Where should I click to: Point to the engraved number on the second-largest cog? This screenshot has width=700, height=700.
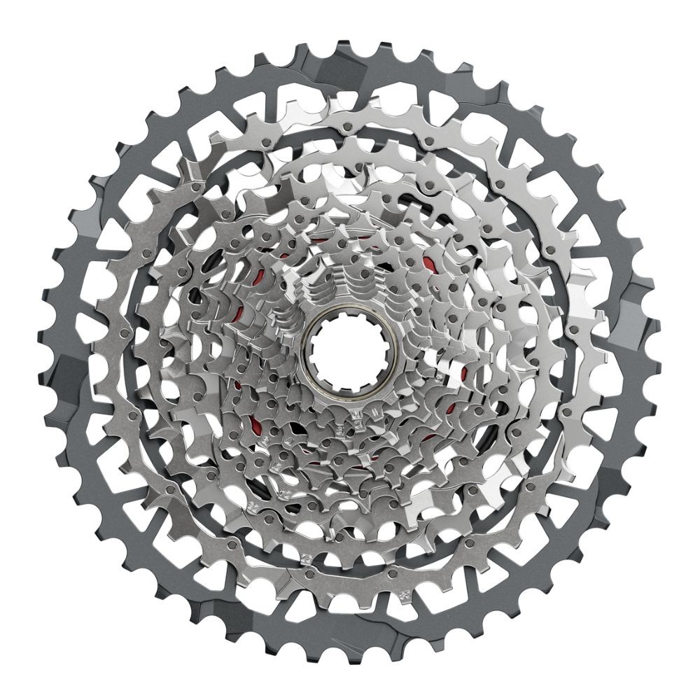coord(404,596)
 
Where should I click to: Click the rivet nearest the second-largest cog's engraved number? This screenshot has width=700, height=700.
coord(393,573)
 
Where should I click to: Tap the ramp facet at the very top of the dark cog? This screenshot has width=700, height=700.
coord(350,56)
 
